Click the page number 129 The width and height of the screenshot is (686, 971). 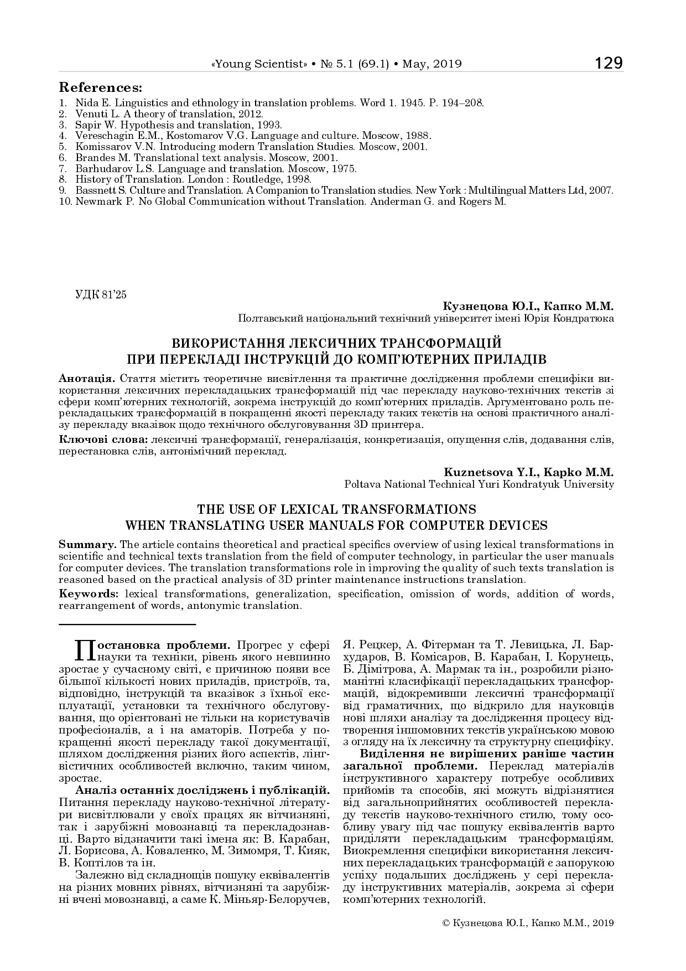(609, 63)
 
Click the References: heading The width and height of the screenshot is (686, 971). (100, 88)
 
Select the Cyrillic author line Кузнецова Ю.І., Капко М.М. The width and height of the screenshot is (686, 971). (528, 306)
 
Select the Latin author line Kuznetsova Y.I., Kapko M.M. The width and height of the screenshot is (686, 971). (528, 472)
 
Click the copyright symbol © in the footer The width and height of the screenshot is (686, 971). (447, 923)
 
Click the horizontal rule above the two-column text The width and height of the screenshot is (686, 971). (127, 624)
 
